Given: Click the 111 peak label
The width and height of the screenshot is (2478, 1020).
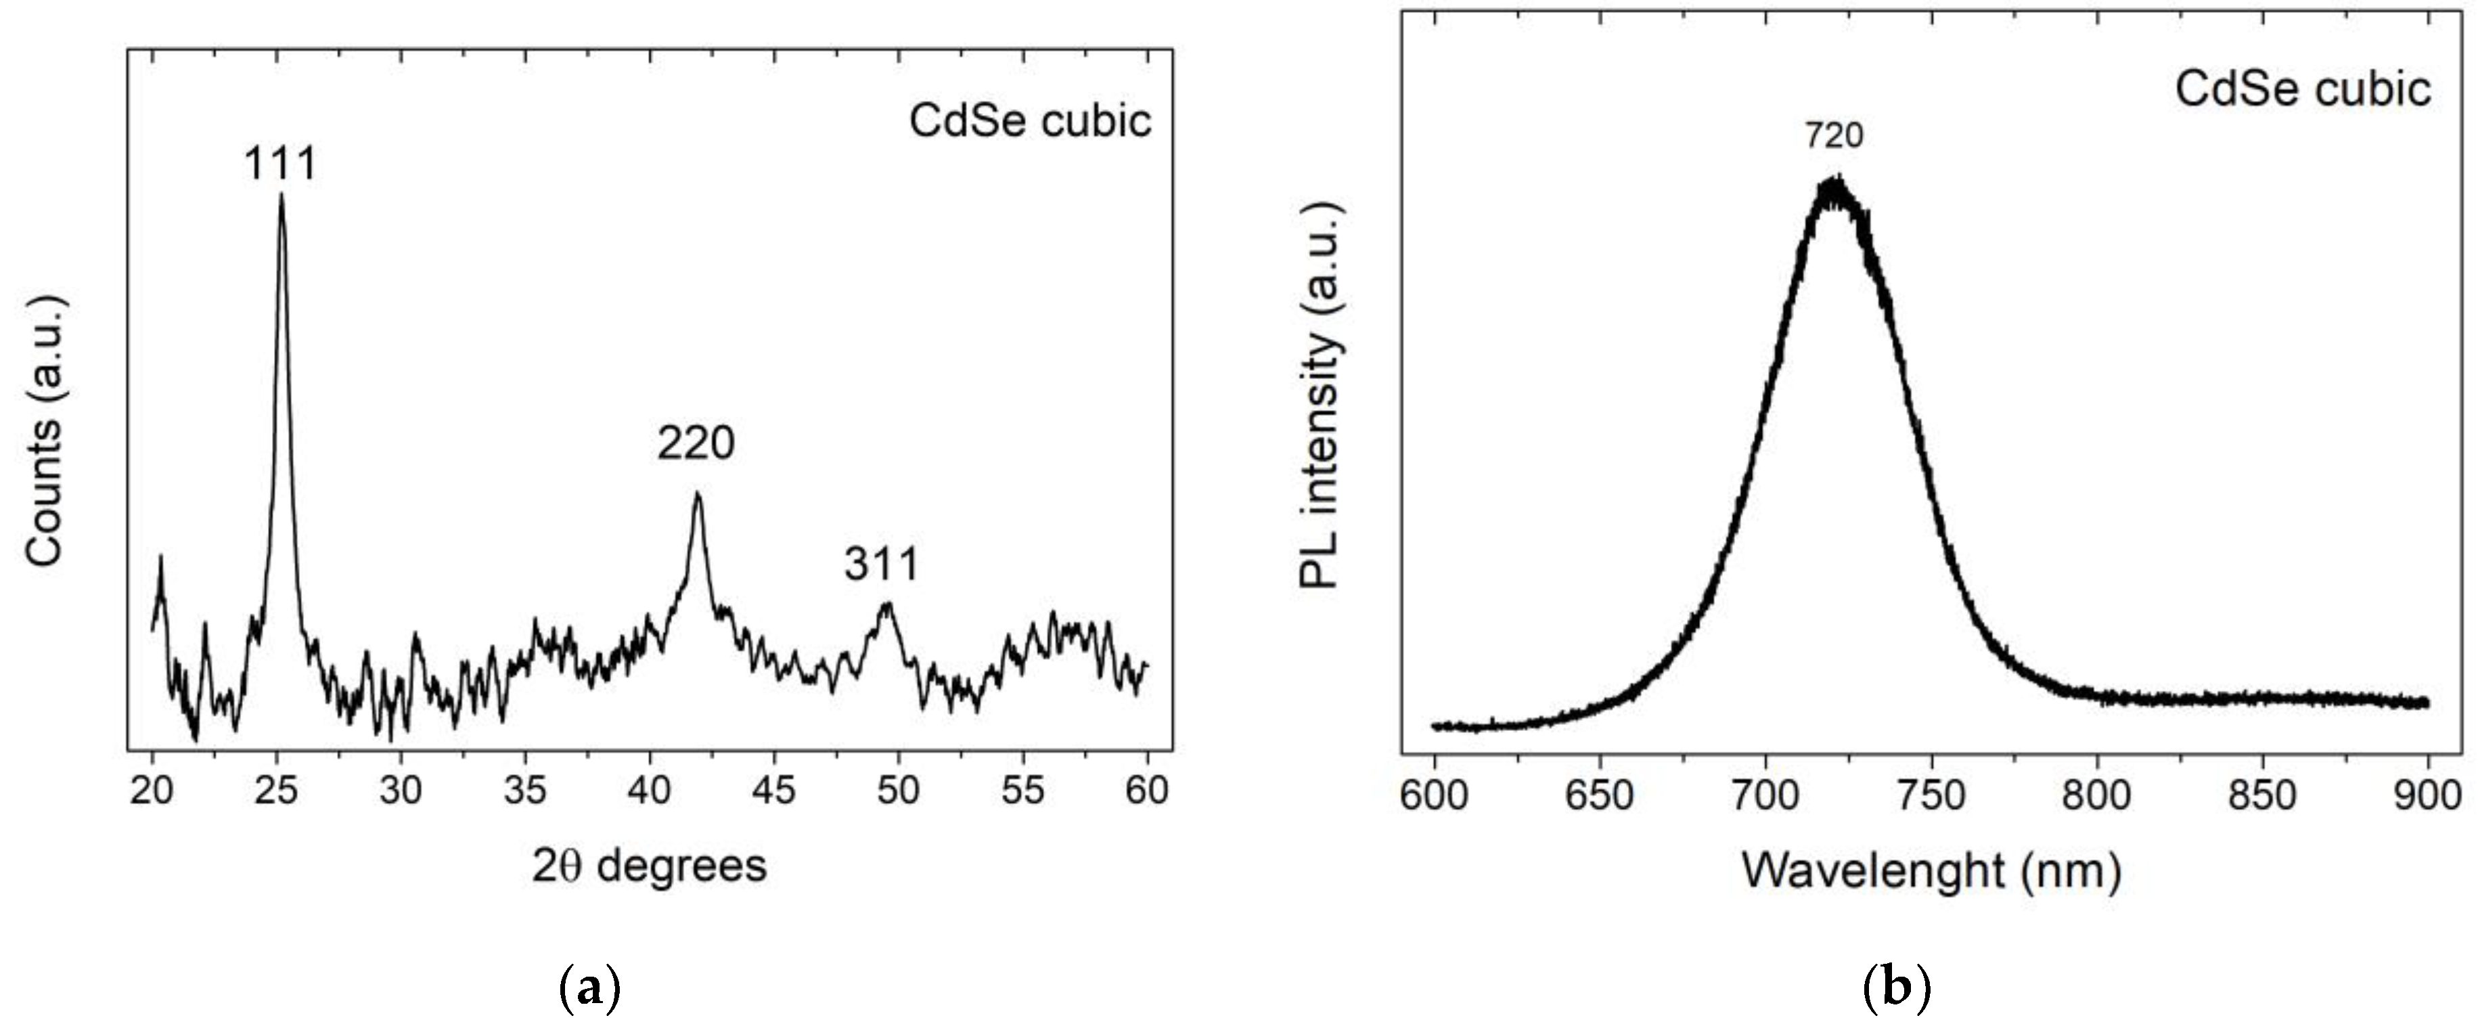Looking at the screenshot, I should [280, 164].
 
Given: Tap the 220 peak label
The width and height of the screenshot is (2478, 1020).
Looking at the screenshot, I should [696, 443].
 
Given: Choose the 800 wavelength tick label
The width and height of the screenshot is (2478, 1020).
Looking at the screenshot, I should [2096, 796].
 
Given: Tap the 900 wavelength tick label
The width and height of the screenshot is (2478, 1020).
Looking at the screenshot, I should [2427, 796].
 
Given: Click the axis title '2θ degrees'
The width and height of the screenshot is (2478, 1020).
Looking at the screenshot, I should [650, 866].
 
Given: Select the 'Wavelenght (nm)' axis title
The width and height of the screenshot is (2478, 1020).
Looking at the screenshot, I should [1932, 872].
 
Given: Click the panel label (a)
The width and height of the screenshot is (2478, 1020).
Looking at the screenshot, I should [589, 990].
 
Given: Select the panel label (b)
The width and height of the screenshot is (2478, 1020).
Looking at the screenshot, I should [1895, 990].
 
